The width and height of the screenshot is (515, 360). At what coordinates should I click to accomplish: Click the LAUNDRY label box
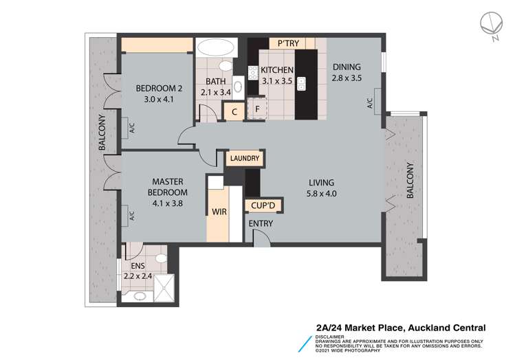(245, 159)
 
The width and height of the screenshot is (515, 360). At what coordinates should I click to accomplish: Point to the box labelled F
(257, 109)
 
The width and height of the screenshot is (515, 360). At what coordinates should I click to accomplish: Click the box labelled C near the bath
(234, 112)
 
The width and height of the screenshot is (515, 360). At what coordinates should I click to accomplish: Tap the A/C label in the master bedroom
(131, 215)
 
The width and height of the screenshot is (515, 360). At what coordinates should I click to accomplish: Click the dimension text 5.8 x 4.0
(321, 193)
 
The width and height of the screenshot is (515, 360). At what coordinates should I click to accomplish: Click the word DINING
(347, 67)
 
